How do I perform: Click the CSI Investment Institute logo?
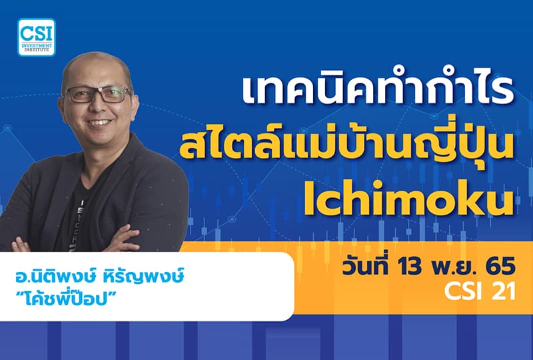37,37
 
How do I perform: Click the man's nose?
99,107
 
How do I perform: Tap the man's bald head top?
93,63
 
